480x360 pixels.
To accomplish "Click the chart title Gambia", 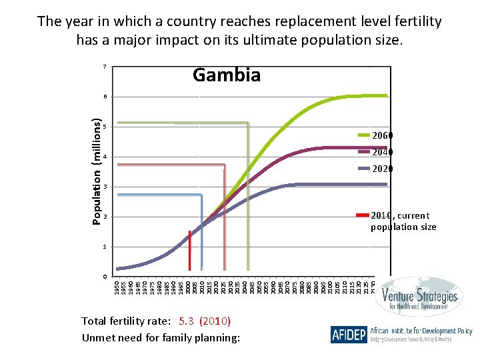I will point(226,75).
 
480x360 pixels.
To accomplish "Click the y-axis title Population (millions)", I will point(97,172).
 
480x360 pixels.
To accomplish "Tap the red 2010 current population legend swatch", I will point(362,215).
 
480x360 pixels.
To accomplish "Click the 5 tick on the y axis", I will point(105,127).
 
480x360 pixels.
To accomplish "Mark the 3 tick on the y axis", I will point(105,187).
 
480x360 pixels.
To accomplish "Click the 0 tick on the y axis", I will point(105,276).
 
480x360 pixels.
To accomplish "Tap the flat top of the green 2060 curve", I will point(367,96).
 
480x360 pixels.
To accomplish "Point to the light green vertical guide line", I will point(249,200).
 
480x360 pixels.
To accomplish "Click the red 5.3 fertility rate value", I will point(191,321).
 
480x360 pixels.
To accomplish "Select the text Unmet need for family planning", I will point(160,337).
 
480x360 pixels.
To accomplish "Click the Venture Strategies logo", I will point(419,298).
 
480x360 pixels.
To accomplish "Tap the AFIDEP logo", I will point(348,334).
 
